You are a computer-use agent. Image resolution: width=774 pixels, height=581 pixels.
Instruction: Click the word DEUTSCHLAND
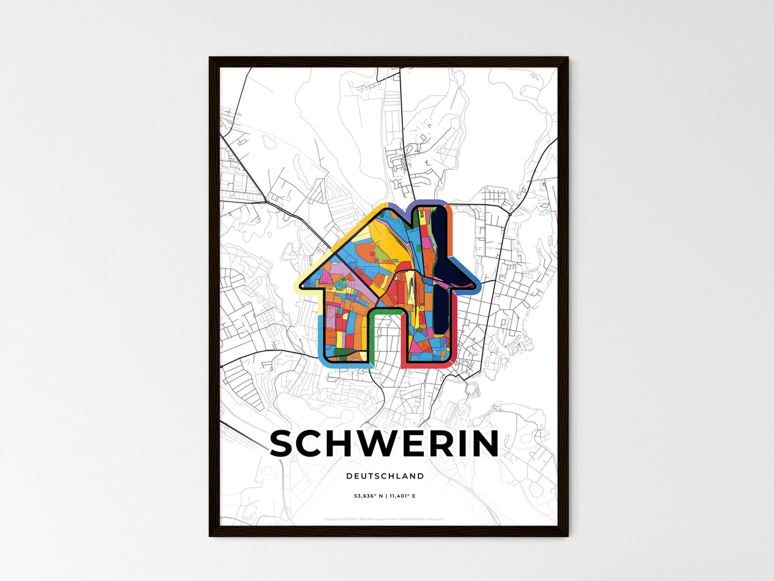[385, 476]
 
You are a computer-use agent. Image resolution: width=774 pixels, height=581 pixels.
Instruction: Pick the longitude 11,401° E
[401, 496]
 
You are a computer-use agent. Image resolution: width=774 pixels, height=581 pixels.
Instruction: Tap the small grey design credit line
[385, 519]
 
